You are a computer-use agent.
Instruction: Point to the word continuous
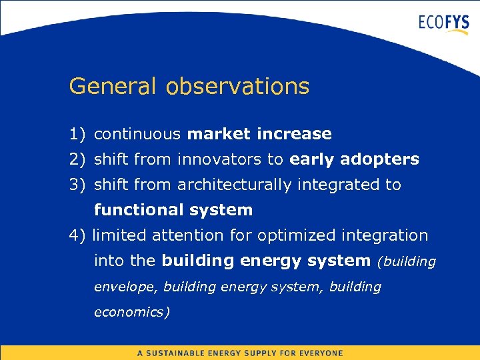pyautogui.click(x=137, y=134)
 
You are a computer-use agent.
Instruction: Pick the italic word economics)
pyautogui.click(x=132, y=312)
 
